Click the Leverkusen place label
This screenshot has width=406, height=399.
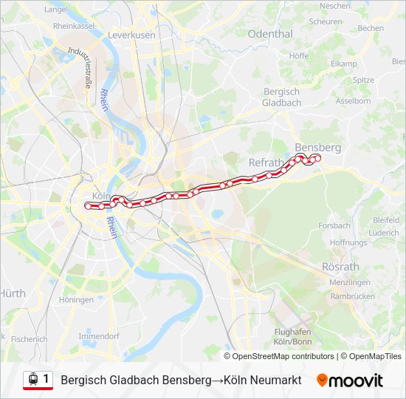(x=131, y=35)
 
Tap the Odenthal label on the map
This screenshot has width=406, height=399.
(x=270, y=34)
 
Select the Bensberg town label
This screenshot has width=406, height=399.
(x=317, y=147)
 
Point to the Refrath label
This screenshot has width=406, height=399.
(x=266, y=163)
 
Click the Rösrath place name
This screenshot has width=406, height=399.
(x=340, y=266)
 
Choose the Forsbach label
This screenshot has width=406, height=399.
(x=334, y=225)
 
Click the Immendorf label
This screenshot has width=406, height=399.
(x=99, y=335)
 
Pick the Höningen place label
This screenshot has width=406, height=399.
(x=76, y=300)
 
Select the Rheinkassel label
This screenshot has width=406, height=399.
(x=74, y=25)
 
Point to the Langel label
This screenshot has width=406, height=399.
(x=55, y=10)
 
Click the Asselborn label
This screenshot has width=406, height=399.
(x=353, y=100)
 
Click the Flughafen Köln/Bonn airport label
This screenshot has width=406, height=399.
(x=292, y=337)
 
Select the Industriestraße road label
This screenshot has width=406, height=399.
(x=79, y=67)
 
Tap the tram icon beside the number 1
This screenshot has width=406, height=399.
(x=32, y=380)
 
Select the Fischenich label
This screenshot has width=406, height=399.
(x=30, y=339)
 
